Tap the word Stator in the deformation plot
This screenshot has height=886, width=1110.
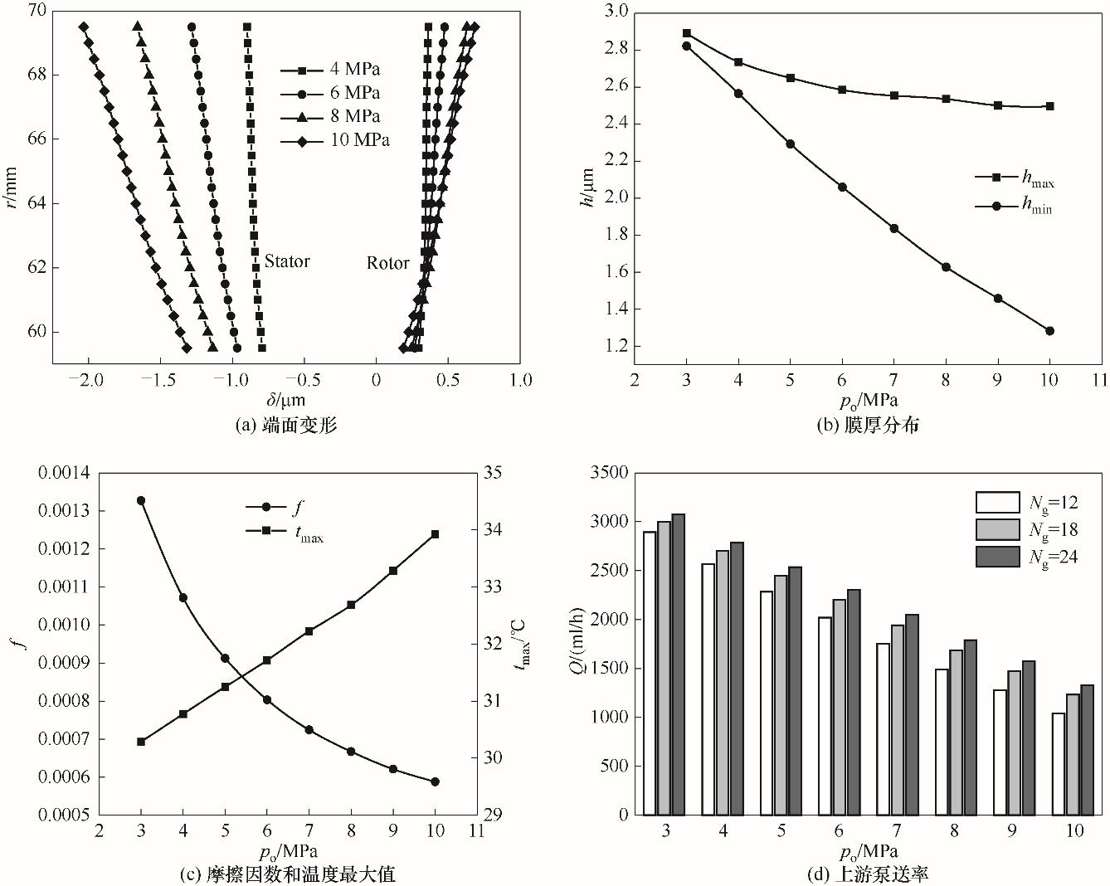(287, 261)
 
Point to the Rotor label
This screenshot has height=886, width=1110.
(388, 263)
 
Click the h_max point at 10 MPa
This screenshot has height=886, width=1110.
(1049, 106)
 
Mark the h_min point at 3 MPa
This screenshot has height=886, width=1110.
(687, 46)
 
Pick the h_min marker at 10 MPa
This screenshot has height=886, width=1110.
(1049, 331)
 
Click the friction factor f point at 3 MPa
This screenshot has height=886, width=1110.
(141, 500)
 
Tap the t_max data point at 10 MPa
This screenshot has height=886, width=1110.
(436, 534)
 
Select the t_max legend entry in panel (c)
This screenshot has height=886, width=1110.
(309, 537)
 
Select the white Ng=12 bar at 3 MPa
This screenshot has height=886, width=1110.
(650, 673)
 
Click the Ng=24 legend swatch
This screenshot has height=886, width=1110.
(997, 557)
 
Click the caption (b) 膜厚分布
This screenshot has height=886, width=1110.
(868, 426)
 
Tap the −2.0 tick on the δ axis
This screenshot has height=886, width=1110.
(87, 379)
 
